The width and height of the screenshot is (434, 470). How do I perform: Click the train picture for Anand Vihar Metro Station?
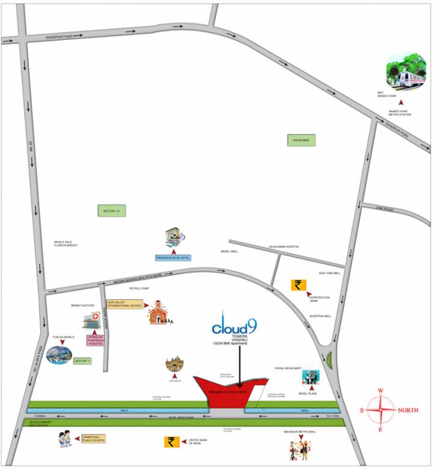(x=406, y=70)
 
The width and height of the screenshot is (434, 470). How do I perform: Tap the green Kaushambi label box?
(x=301, y=141)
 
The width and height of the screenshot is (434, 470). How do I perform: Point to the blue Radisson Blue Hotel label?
(x=174, y=258)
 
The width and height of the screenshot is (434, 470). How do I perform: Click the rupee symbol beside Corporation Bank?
(x=298, y=285)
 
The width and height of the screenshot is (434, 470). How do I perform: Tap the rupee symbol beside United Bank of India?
(x=171, y=442)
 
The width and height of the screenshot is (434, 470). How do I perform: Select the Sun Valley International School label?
(x=125, y=304)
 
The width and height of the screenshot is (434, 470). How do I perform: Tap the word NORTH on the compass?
(x=408, y=410)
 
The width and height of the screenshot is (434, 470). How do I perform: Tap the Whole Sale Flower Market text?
(x=66, y=244)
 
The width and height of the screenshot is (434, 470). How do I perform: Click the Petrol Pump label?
(x=138, y=288)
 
